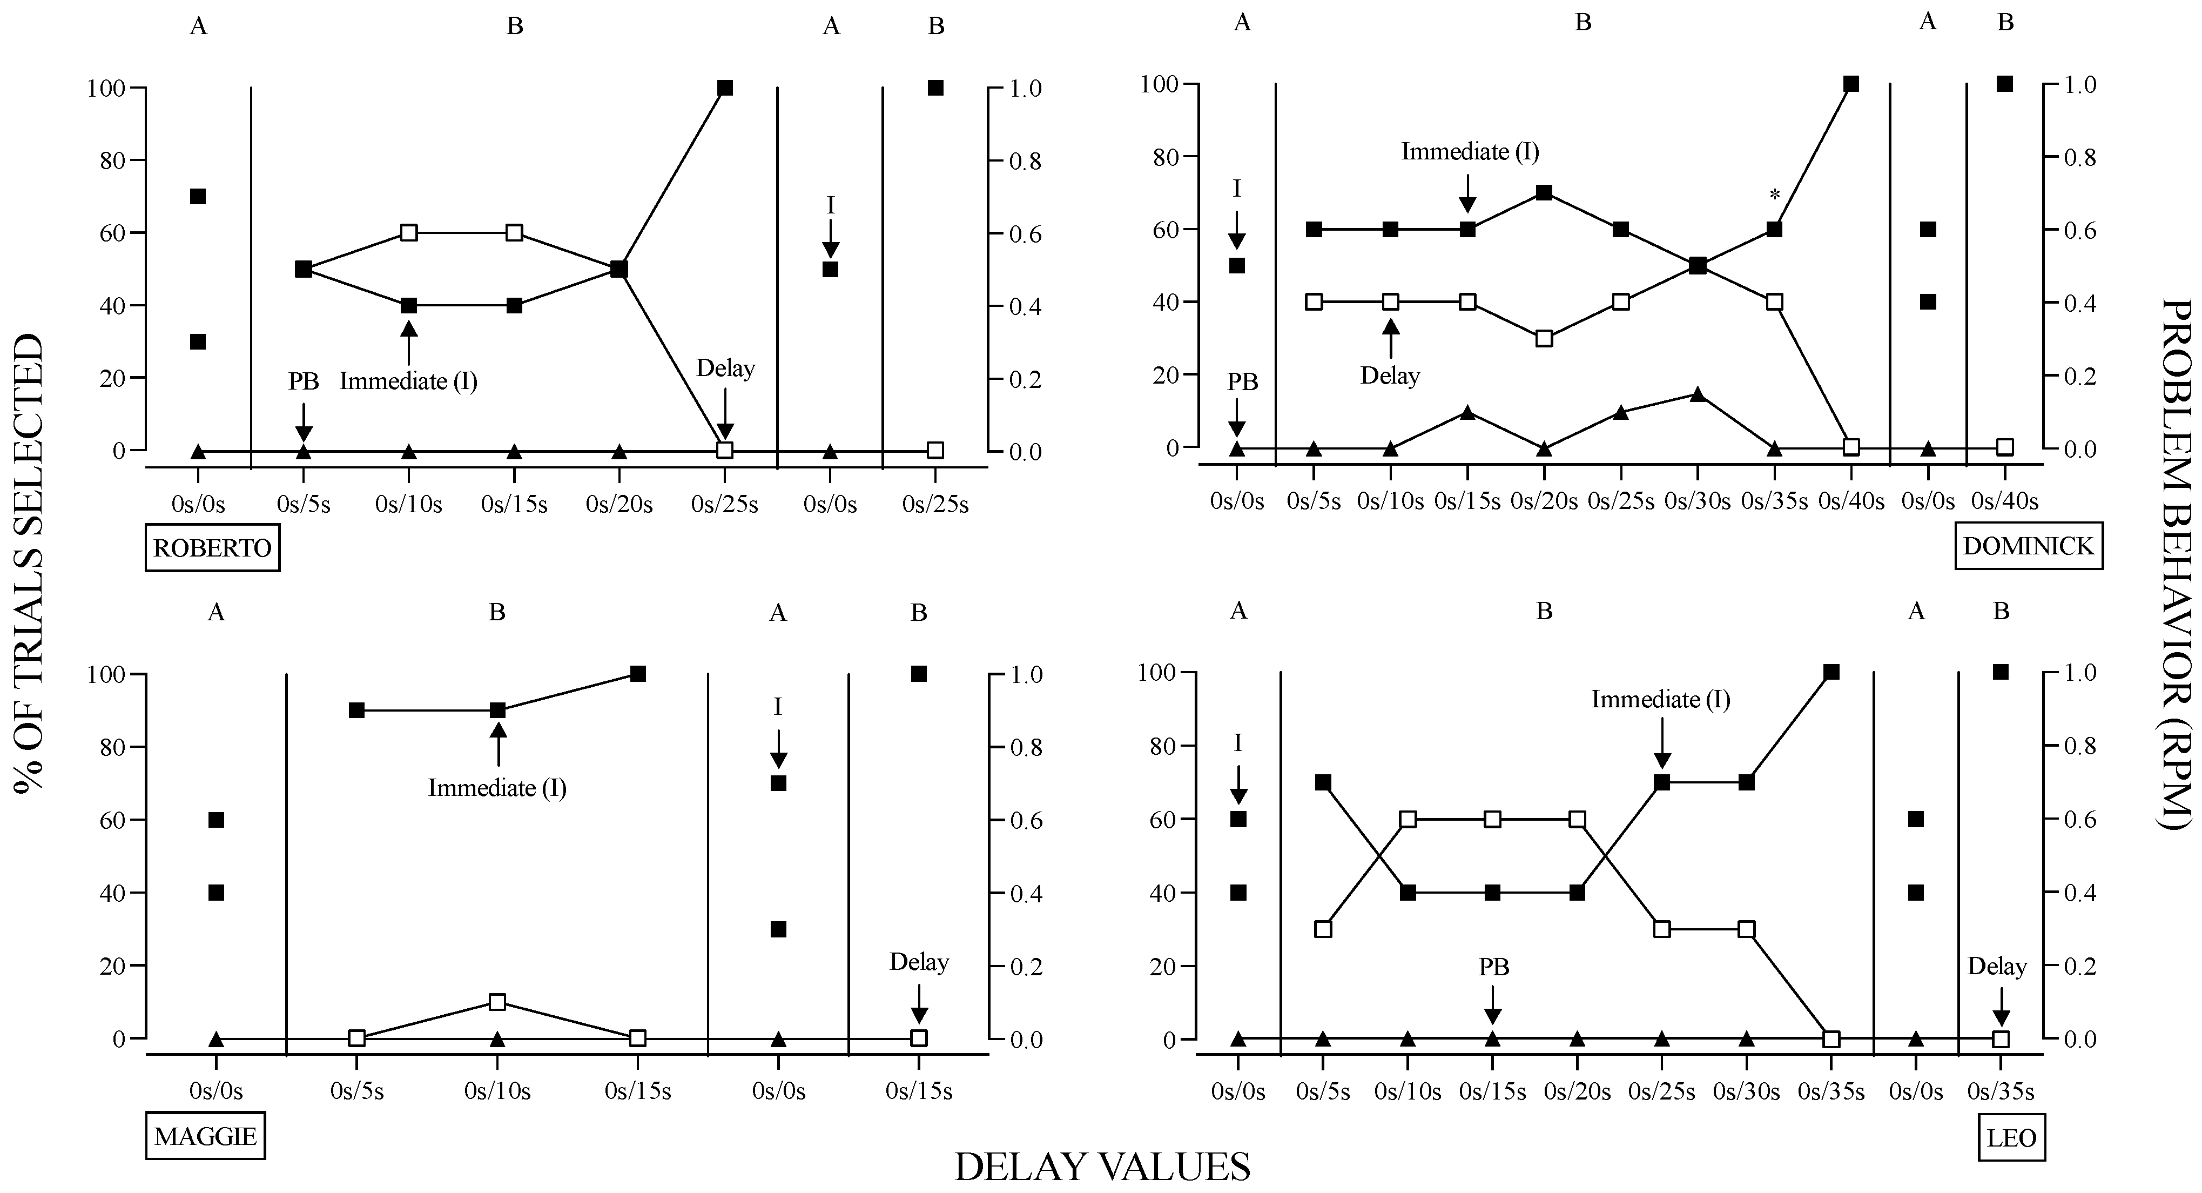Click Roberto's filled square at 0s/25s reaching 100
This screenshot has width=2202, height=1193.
pos(725,88)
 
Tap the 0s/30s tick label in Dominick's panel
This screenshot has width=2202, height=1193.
pos(1697,501)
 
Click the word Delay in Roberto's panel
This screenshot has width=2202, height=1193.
pos(725,370)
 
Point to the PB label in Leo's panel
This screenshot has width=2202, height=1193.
pos(1493,967)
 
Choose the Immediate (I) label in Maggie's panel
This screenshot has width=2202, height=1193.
pos(497,788)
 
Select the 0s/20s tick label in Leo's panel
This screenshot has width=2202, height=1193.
pos(1577,1092)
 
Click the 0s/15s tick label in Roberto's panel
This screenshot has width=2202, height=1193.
pos(514,505)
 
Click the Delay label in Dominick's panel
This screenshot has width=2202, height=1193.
pos(1390,376)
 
